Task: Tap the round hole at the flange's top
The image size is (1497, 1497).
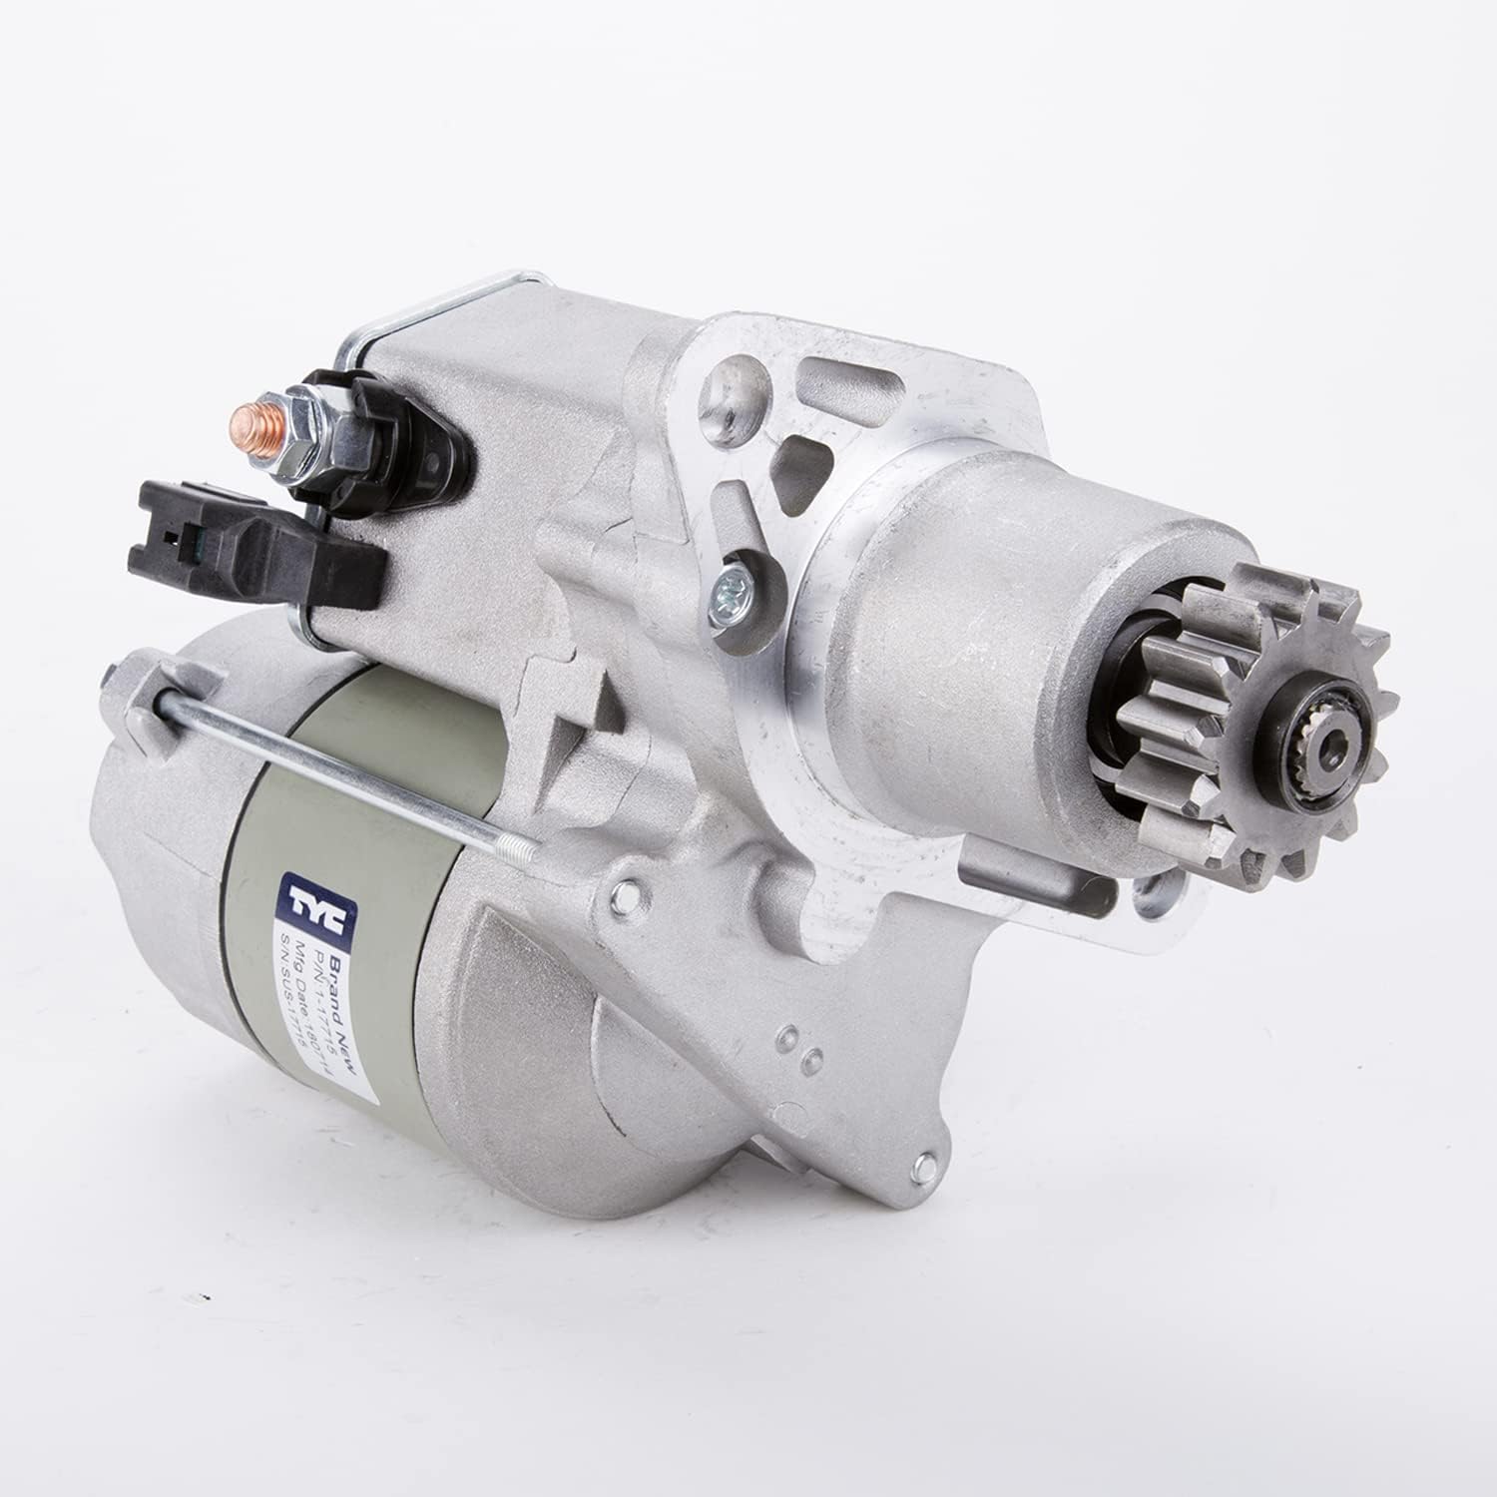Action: [724, 399]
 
